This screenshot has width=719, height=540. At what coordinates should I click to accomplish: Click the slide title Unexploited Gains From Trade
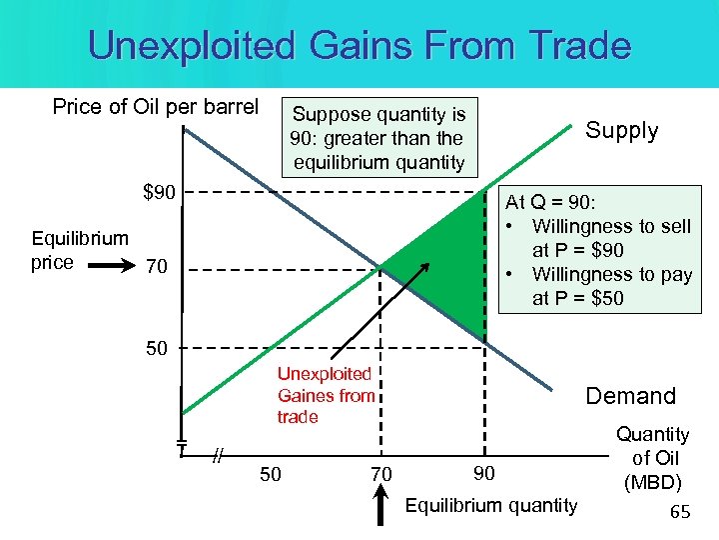pyautogui.click(x=359, y=46)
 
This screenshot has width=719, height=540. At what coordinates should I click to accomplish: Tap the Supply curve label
pyautogui.click(x=621, y=131)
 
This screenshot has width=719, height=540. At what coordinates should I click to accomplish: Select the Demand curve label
pyautogui.click(x=630, y=396)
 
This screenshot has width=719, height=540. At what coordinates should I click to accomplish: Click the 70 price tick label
pyautogui.click(x=157, y=268)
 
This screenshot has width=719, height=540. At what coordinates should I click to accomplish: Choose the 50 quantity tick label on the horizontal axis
pyautogui.click(x=270, y=474)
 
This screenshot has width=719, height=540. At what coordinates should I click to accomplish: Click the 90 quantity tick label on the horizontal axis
pyautogui.click(x=483, y=472)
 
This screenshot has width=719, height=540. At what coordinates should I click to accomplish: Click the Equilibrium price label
pyautogui.click(x=66, y=250)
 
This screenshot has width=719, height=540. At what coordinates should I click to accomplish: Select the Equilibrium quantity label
pyautogui.click(x=490, y=505)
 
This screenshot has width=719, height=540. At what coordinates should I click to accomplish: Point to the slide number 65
pyautogui.click(x=680, y=513)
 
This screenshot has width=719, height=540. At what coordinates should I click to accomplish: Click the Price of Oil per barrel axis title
pyautogui.click(x=155, y=107)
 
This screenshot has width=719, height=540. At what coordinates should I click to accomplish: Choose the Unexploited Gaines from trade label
pyautogui.click(x=326, y=395)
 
